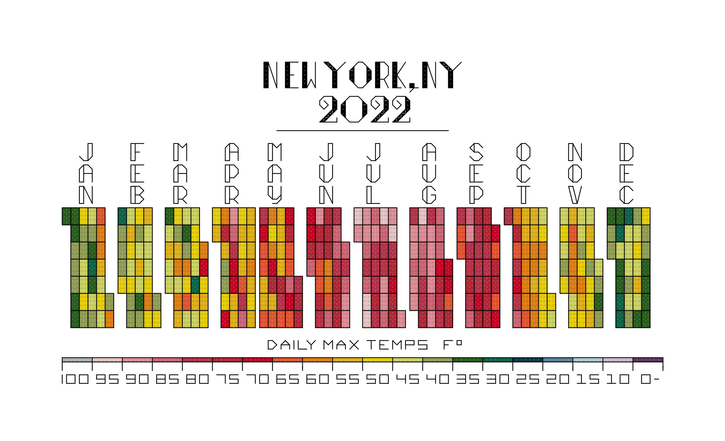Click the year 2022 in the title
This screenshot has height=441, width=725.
pyautogui.click(x=365, y=110)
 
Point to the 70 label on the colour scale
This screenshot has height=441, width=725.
pyautogui.click(x=257, y=379)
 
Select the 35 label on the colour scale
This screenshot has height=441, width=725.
pyautogui.click(x=468, y=379)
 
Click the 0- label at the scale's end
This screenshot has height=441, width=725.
pyautogui.click(x=649, y=379)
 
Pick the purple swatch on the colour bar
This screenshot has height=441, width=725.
pyautogui.click(x=648, y=360)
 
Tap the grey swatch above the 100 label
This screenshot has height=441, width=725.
pyautogui.click(x=77, y=360)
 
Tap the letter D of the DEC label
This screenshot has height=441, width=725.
pyautogui.click(x=626, y=152)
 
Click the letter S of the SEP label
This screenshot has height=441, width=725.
pyautogui.click(x=476, y=152)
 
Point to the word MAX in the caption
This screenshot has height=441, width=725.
pyautogui.click(x=341, y=345)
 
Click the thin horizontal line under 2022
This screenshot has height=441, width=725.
pyautogui.click(x=362, y=131)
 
